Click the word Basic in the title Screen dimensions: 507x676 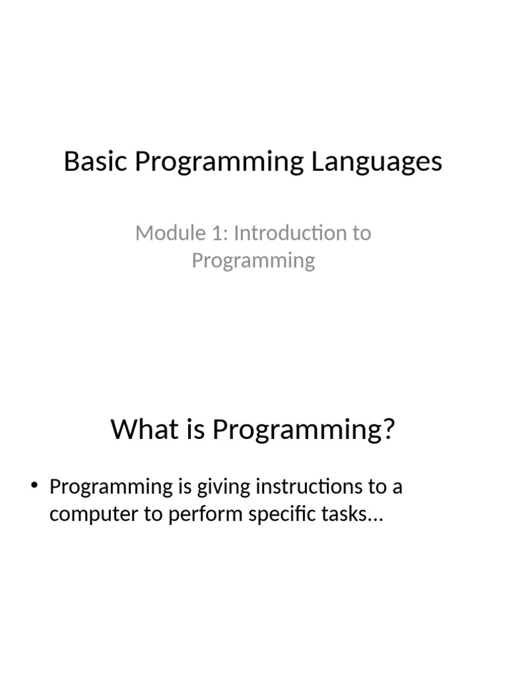point(96,161)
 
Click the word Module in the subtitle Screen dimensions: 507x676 point(171,233)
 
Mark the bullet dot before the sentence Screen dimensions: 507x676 point(34,485)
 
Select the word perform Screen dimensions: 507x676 point(205,514)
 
